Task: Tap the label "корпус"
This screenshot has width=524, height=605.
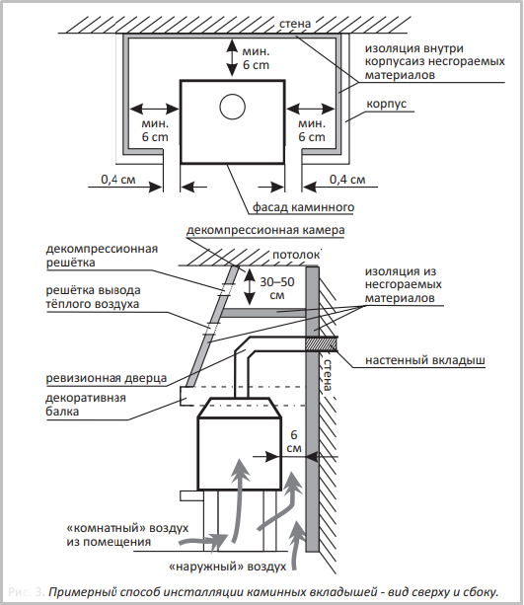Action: (x=386, y=104)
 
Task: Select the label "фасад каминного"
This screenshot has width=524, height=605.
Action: (x=303, y=207)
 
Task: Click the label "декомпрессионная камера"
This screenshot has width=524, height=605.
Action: (x=265, y=230)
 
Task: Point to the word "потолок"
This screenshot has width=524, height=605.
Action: (x=296, y=255)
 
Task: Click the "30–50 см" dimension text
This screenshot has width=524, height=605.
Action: (x=277, y=288)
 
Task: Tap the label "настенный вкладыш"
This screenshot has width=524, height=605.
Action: (x=425, y=360)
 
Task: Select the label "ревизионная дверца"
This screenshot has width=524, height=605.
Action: (x=107, y=378)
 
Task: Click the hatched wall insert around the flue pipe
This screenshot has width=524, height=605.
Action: (x=322, y=343)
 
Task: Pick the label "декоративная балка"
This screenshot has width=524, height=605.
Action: (x=86, y=405)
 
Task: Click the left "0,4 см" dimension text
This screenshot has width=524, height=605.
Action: (x=118, y=180)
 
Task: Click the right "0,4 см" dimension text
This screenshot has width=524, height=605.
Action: (x=347, y=180)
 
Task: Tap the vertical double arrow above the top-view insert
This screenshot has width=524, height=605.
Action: (x=232, y=57)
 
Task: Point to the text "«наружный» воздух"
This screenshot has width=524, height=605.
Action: (x=228, y=567)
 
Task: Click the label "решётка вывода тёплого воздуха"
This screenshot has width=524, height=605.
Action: (x=93, y=297)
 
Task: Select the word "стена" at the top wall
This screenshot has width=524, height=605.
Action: (x=295, y=24)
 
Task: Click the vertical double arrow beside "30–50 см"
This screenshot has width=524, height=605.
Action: (x=250, y=286)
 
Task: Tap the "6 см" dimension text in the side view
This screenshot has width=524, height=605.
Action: (x=294, y=441)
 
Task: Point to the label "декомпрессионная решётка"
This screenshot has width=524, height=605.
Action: (x=102, y=256)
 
